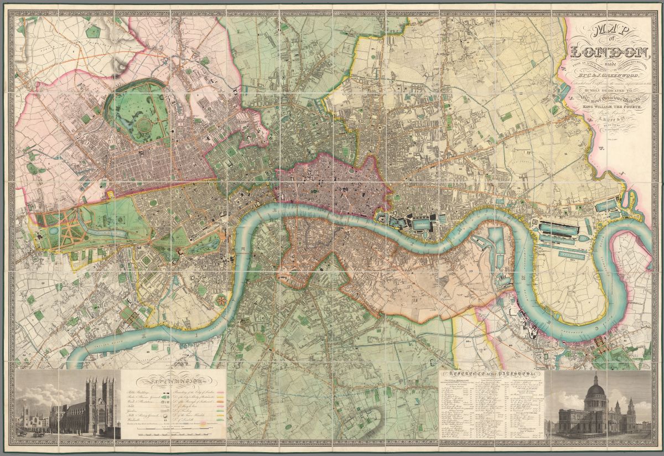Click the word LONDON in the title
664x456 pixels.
click(x=610, y=53)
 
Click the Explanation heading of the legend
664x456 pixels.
click(x=173, y=381)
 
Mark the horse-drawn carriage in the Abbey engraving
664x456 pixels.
click(x=38, y=434)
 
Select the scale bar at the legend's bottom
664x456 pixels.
click(x=173, y=433)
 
